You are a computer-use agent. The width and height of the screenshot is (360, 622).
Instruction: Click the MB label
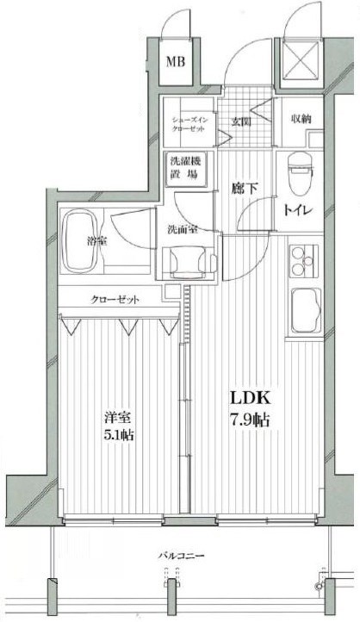tap(177, 61)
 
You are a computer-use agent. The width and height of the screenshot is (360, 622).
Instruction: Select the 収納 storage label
tap(300, 119)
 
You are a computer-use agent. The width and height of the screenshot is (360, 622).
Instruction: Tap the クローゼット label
tap(115, 300)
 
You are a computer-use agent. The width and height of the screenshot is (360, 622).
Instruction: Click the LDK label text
tap(250, 399)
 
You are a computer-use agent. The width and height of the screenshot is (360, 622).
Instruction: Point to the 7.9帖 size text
tap(250, 421)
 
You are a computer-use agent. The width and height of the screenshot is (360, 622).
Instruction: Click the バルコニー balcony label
tap(181, 557)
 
